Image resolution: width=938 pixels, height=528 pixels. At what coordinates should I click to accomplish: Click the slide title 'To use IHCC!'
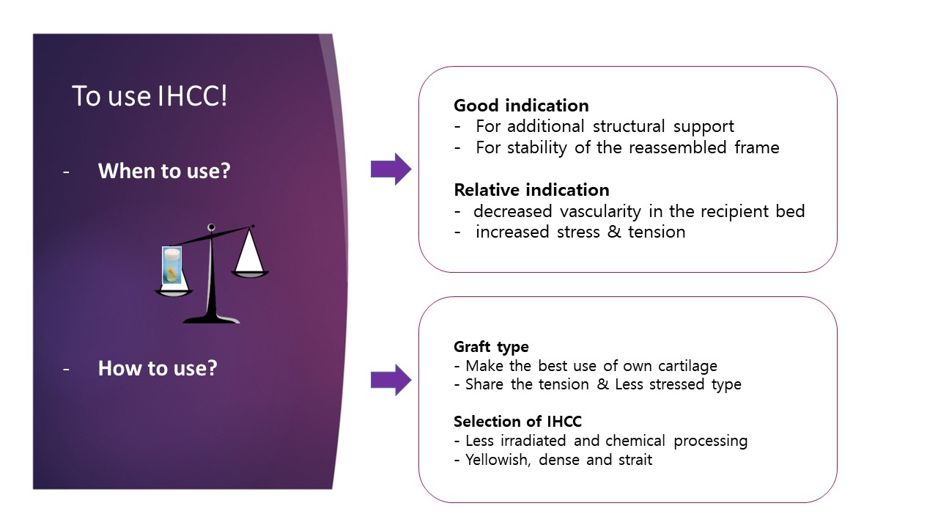tap(149, 96)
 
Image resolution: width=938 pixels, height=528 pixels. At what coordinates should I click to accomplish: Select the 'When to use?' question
tap(164, 171)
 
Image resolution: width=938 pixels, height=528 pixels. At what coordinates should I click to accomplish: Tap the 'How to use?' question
tap(158, 368)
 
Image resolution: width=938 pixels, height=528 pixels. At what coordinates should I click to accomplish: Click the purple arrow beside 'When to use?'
tap(391, 169)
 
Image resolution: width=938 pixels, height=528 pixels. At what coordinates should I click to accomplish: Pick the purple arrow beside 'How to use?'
tap(391, 380)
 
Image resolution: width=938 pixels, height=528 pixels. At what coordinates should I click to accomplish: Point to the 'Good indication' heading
tap(521, 106)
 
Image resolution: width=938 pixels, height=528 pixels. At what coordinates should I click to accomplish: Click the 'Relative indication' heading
tap(532, 190)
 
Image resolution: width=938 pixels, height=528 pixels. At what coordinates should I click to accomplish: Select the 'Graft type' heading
tap(491, 347)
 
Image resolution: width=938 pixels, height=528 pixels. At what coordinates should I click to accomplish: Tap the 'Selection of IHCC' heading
tap(517, 421)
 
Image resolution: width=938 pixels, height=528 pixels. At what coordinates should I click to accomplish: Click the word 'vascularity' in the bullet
tap(599, 212)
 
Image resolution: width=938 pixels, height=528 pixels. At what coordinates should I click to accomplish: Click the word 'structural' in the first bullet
tap(629, 126)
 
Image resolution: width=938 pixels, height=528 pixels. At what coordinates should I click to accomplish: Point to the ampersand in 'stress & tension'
tap(614, 232)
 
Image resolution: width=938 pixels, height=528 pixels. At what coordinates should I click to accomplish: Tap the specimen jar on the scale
tap(171, 265)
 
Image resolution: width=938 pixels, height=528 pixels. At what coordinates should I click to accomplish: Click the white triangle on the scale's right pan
tap(250, 250)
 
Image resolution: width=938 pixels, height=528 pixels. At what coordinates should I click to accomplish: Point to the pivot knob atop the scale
tap(212, 227)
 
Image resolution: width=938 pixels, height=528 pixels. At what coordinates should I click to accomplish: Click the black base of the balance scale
tap(212, 318)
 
